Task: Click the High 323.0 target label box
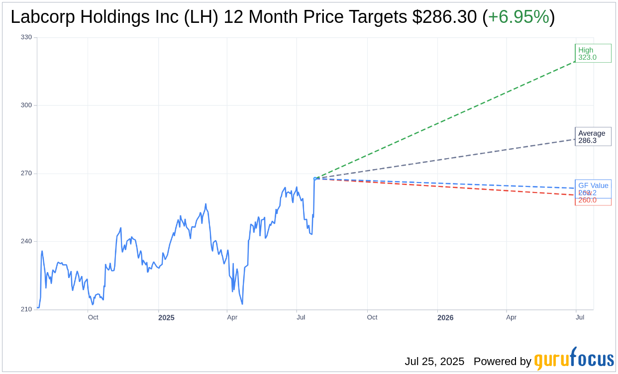593,53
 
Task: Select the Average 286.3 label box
593,136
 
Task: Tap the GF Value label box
593,186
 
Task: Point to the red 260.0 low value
588,200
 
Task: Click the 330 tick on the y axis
26,37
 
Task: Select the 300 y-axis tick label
26,105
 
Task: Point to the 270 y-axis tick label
26,174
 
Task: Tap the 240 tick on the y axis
26,241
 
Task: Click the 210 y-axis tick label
26,309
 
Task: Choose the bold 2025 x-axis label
166,317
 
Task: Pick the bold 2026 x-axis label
445,317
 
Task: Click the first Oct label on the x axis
93,317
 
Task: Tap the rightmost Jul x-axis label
580,317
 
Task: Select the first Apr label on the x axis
232,317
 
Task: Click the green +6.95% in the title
518,17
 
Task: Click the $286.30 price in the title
444,17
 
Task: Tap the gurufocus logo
574,359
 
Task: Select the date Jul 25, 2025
434,362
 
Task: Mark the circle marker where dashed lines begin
315,179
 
